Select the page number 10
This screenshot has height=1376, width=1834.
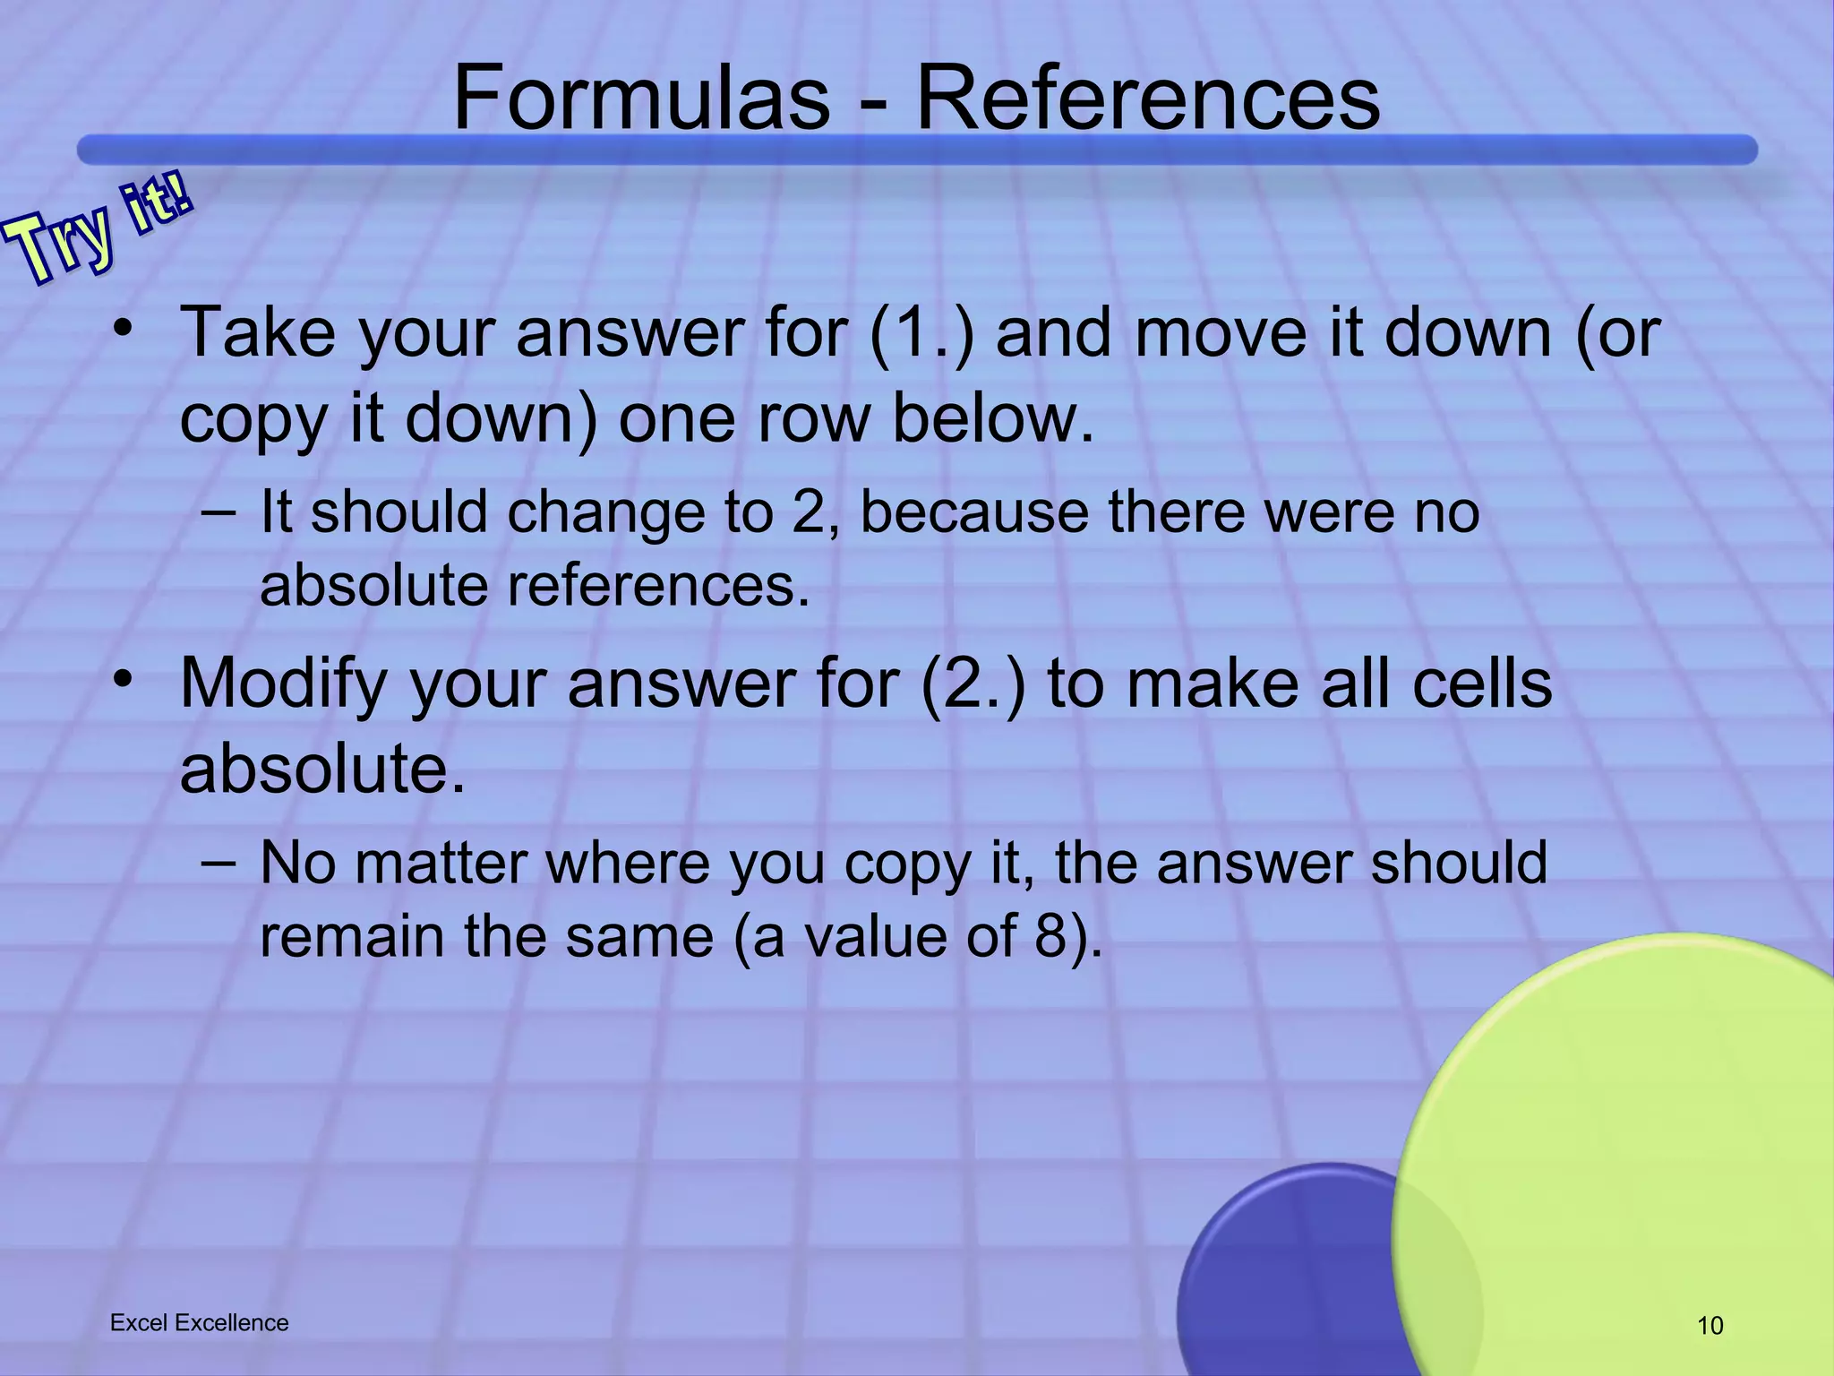click(x=1710, y=1326)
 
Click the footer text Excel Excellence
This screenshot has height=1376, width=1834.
click(x=199, y=1323)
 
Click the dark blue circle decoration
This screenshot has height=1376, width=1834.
click(x=1290, y=1272)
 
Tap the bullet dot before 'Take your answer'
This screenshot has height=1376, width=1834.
click(x=124, y=328)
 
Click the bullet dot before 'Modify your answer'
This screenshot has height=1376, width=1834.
click(x=124, y=678)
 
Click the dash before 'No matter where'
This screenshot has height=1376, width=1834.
click(x=219, y=863)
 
